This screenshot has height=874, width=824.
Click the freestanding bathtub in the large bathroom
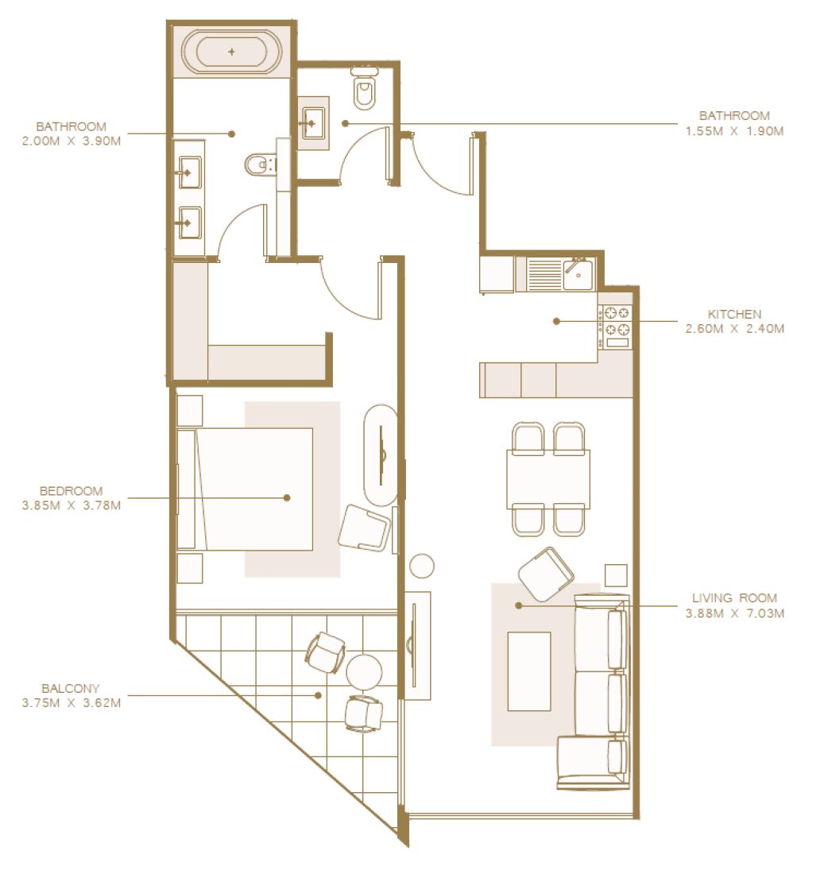[x=231, y=52]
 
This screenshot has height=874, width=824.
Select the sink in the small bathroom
[x=313, y=122]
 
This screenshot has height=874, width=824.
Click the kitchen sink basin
[x=578, y=273]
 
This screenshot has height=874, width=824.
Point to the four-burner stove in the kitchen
[x=616, y=327]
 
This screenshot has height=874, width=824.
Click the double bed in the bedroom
[x=245, y=489]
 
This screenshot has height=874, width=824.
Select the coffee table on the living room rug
[x=529, y=671]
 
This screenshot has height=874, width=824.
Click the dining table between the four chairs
[x=548, y=479]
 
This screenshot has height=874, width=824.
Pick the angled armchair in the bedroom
[x=364, y=528]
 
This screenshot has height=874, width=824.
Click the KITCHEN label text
[x=734, y=314]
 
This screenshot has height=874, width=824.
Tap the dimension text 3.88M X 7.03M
[x=734, y=613]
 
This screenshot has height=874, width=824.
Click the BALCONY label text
[x=71, y=688]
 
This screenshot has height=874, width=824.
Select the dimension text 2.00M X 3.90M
[x=72, y=141]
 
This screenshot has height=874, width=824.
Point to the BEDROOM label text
[x=72, y=491]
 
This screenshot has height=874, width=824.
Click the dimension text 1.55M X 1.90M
[x=734, y=131]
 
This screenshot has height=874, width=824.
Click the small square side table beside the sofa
[x=616, y=575]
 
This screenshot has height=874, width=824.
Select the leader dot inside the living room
[x=519, y=605]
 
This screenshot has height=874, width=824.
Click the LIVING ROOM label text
[x=734, y=598]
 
